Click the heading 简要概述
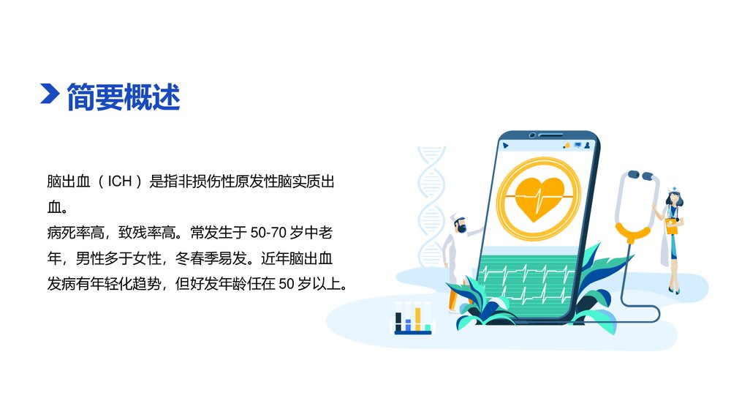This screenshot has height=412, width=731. tap(123, 97)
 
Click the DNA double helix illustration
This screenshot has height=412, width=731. tap(431, 205)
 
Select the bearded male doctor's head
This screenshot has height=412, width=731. tap(458, 222)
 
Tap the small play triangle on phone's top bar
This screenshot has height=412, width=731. tap(505, 146)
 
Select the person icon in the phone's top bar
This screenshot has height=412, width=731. tap(586, 145)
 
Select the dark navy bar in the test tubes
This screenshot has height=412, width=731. tap(398, 321)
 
